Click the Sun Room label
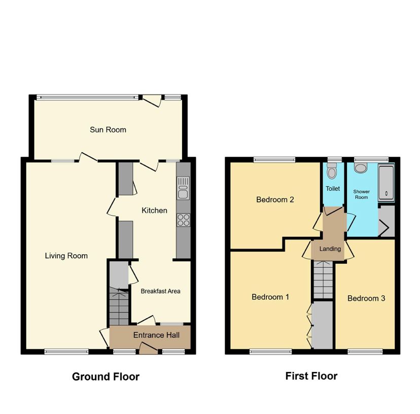(x=108, y=130)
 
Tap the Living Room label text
(x=66, y=256)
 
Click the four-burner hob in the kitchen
(x=183, y=220)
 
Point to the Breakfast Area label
(x=160, y=291)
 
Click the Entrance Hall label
(x=155, y=335)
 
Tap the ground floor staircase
(x=119, y=307)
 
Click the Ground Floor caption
(x=106, y=376)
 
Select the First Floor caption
(x=311, y=376)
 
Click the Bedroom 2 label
(x=275, y=199)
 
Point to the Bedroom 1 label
(x=270, y=297)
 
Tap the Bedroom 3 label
(x=366, y=298)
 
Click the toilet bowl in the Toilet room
(x=332, y=172)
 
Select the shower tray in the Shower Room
(x=387, y=181)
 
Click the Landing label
(x=330, y=249)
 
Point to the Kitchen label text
(x=154, y=210)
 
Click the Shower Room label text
(x=361, y=194)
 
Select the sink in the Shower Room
(x=361, y=168)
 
